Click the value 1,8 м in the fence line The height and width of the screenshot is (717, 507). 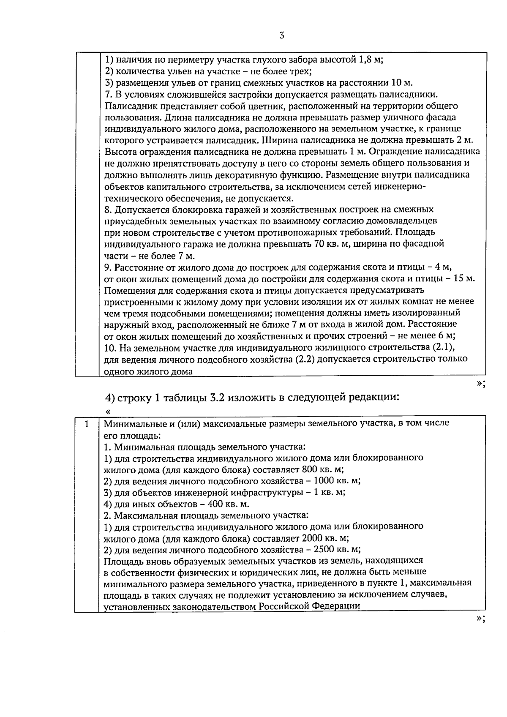pyautogui.click(x=370, y=60)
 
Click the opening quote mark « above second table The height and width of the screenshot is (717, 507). pyautogui.click(x=108, y=411)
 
